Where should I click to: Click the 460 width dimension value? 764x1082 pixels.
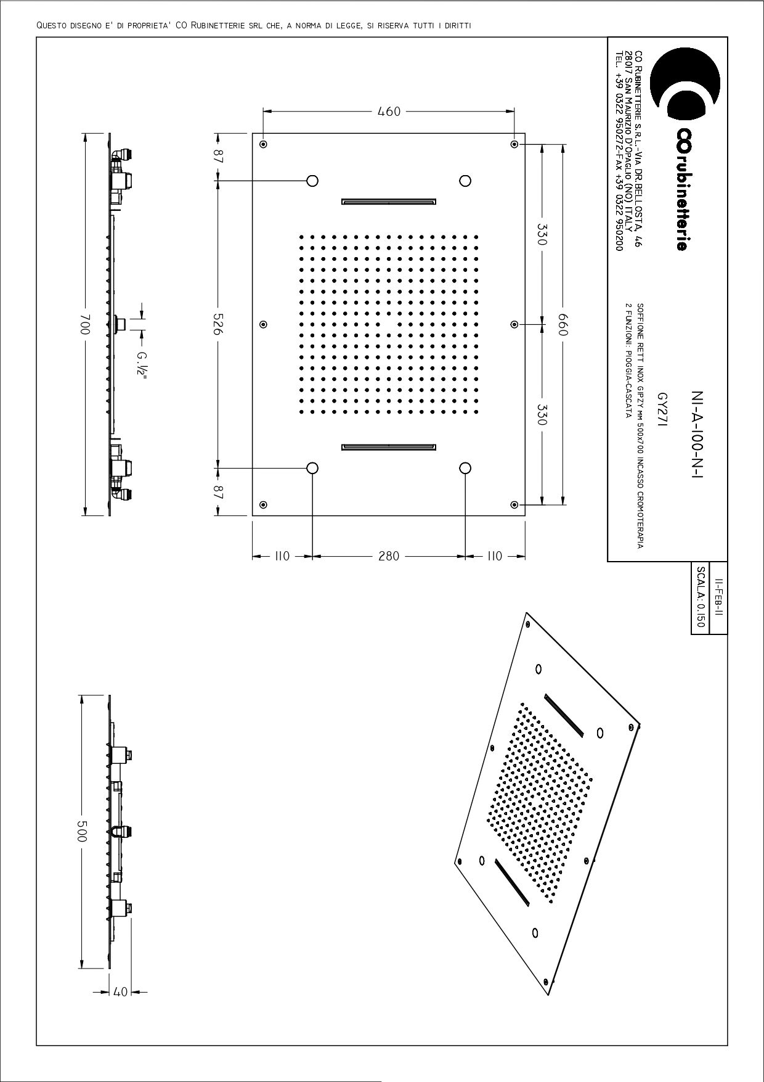pos(389,112)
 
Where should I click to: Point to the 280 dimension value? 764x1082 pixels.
pos(389,556)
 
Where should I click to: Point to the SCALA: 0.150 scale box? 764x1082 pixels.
pos(700,597)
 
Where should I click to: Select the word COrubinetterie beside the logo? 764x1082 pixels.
pos(681,189)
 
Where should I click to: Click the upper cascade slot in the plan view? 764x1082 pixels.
pos(389,201)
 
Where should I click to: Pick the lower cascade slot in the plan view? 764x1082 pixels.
pos(389,447)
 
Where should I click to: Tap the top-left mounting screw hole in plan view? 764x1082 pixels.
pos(263,144)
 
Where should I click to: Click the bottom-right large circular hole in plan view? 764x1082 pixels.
pos(465,468)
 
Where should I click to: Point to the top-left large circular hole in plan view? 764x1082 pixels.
pos(312,181)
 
